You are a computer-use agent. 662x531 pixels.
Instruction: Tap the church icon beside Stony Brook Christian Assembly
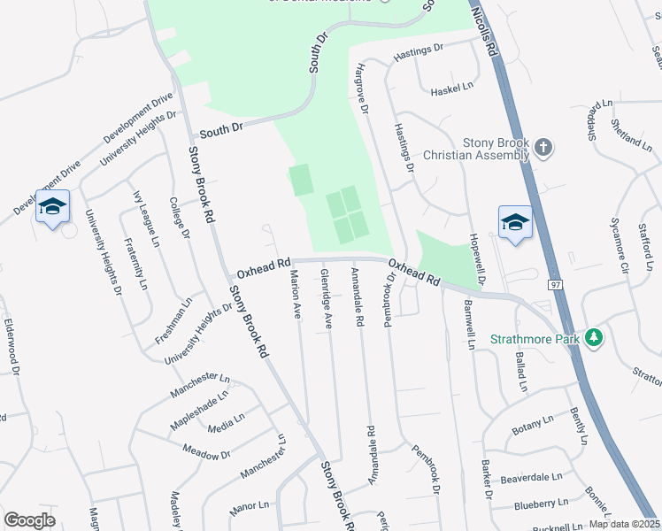coord(544,147)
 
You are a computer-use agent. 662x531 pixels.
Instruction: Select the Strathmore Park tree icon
coord(596,338)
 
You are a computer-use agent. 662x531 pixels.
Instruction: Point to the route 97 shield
coord(555,283)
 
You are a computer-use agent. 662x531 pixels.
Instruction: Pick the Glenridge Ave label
coord(326,299)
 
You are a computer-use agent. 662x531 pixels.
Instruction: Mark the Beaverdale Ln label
coord(531,477)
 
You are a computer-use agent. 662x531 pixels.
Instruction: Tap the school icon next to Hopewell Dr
coord(514,221)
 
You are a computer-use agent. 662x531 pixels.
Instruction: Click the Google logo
coord(30,520)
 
